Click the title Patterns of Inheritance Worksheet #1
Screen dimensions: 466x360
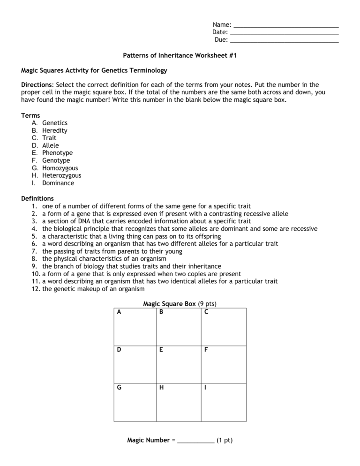pos(180,55)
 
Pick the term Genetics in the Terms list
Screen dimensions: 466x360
pos(55,123)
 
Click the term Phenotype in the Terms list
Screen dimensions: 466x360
pos(57,153)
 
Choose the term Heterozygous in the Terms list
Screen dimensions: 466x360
pos(61,175)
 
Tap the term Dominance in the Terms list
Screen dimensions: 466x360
pos(58,183)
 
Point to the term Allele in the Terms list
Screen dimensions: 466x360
pos(51,145)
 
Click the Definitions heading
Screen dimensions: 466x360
pos(37,198)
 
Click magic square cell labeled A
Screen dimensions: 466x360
pos(135,327)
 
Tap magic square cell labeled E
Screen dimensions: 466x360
pos(179,365)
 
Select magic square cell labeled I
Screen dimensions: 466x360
pos(223,402)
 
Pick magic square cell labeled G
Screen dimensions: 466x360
pos(135,402)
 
